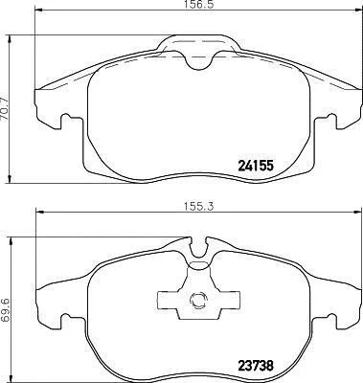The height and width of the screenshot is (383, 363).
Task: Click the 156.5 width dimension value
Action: pos(199,5)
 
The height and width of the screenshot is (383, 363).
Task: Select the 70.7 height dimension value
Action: pos(5,108)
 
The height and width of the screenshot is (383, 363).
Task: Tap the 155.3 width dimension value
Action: pos(198,206)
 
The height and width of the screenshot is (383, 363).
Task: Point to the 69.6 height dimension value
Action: pos(5,310)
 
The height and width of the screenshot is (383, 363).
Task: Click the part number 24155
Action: pos(256,166)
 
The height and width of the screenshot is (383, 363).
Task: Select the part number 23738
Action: pos(256,365)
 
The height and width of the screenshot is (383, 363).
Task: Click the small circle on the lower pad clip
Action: pos(198,300)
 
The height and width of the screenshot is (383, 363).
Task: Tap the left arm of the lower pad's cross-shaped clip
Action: pos(169,300)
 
